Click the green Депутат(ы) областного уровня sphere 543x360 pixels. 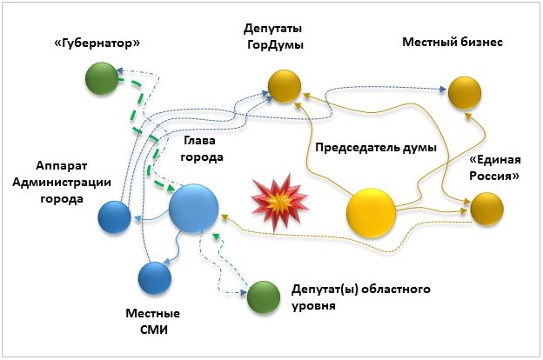pyautogui.click(x=262, y=298)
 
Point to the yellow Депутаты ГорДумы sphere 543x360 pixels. pyautogui.click(x=284, y=86)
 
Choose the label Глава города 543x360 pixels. pyautogui.click(x=202, y=148)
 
